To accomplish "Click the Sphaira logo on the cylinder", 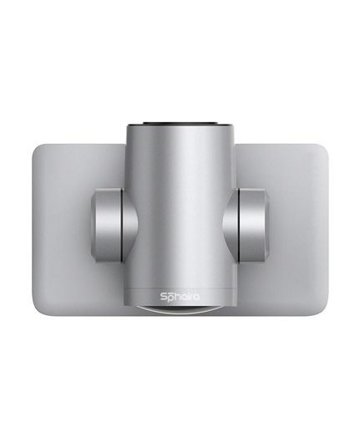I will click(180, 296).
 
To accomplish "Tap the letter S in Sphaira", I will click(163, 296).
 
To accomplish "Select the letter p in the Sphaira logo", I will click(170, 297).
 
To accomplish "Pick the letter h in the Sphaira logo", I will click(176, 296).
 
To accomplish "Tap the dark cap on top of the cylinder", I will click(180, 123).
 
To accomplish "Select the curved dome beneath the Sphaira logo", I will click(180, 311).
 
